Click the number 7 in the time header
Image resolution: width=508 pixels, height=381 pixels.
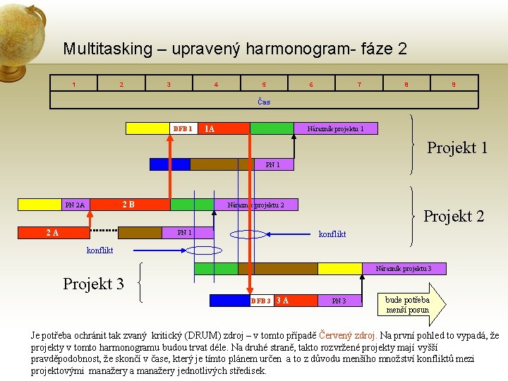(x=359, y=85)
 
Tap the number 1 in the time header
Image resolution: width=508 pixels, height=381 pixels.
(x=74, y=85)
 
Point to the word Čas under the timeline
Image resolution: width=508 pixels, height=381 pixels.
(x=264, y=102)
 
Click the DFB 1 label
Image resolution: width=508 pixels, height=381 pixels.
(x=182, y=128)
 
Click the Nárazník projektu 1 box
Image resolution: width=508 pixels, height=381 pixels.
(x=335, y=128)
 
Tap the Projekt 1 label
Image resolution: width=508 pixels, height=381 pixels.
(x=457, y=147)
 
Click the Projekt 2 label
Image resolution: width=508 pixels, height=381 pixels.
(x=454, y=216)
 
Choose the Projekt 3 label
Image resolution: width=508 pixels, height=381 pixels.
(x=93, y=284)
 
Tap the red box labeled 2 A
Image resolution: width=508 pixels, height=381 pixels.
(x=53, y=232)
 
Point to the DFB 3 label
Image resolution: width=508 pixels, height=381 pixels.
(x=261, y=301)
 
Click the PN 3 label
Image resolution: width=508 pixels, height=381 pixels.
(x=338, y=301)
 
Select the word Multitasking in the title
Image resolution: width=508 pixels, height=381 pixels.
(x=107, y=49)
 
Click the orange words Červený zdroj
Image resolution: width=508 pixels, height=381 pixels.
(x=349, y=335)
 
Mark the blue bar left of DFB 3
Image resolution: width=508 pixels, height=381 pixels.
(x=229, y=301)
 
